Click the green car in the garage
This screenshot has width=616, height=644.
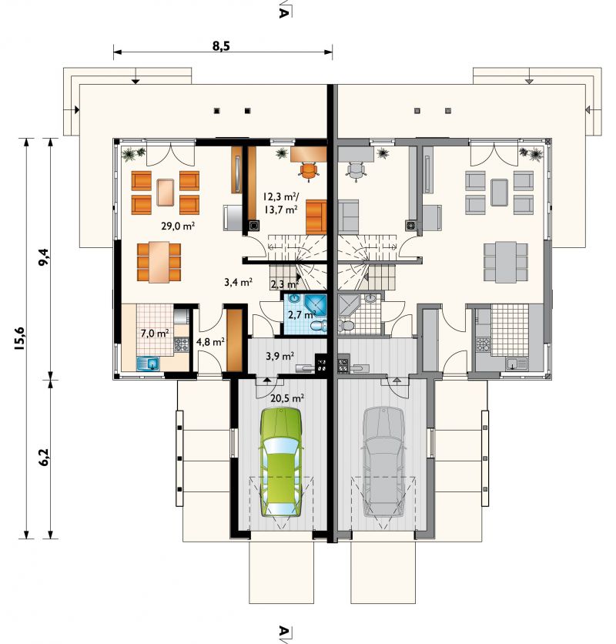[281, 461]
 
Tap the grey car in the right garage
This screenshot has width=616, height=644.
[383, 461]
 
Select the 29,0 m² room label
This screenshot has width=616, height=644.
[178, 226]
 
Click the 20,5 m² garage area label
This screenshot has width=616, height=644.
[287, 397]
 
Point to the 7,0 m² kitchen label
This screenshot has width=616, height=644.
[155, 333]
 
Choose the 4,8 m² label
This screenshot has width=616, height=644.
[210, 342]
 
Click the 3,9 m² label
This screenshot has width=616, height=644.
[280, 356]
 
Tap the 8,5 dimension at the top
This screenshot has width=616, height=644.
[221, 46]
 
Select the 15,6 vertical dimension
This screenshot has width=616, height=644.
[19, 338]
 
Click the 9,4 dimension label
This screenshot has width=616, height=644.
[44, 257]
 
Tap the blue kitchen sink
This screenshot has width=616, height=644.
[148, 364]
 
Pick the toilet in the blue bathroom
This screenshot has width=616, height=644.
[319, 326]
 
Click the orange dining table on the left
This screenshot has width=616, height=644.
[159, 263]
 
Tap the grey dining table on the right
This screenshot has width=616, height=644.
[506, 263]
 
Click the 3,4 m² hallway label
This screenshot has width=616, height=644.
[238, 282]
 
